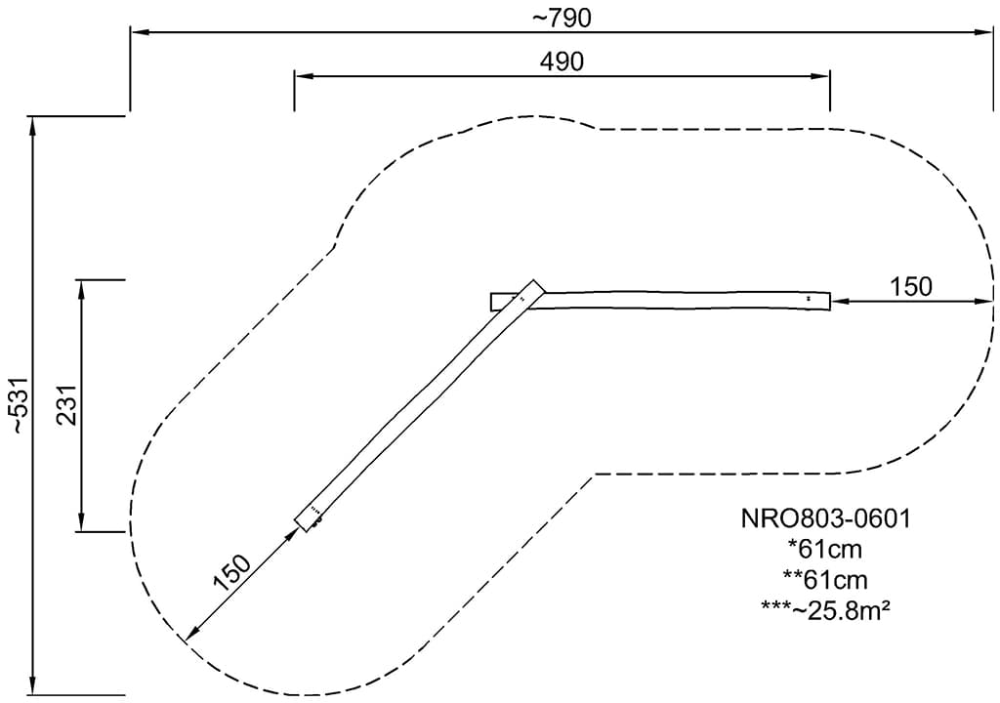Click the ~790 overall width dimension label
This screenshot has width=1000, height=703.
pos(562,19)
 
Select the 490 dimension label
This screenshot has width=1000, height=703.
pos(562,62)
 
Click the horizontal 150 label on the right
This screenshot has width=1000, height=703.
pos(911,287)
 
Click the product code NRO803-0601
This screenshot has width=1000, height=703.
pos(825,518)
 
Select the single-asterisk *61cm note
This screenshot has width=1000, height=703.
pos(825,549)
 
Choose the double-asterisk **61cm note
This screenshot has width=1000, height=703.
pos(825,579)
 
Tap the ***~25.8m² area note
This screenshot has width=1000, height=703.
pos(825,610)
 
